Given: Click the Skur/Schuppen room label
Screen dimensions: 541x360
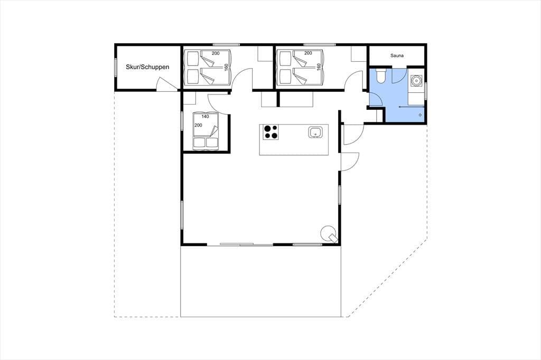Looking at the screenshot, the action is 147,67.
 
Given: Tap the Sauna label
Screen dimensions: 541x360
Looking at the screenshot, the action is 397,55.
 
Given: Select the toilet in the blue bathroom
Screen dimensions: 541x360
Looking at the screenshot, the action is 381,76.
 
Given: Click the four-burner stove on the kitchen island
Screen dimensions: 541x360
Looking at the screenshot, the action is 270,132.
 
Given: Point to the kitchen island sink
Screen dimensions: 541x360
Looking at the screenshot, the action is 315,132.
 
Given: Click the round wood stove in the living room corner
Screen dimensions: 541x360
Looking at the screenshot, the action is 329,234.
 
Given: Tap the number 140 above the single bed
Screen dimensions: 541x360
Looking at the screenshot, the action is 205,117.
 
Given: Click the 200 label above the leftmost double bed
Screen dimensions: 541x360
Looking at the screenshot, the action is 216,53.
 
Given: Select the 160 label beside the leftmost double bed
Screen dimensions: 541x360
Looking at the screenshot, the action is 226,67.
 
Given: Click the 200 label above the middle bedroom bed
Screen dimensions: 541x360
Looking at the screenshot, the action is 308,53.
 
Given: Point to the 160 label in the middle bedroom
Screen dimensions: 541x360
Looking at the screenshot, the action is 319,67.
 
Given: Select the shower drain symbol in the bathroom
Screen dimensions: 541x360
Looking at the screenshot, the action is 420,115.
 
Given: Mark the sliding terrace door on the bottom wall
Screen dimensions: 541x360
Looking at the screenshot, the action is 246,244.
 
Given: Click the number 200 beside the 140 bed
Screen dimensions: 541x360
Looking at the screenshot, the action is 198,125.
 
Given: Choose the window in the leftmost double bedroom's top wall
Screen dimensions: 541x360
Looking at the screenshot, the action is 226,44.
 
